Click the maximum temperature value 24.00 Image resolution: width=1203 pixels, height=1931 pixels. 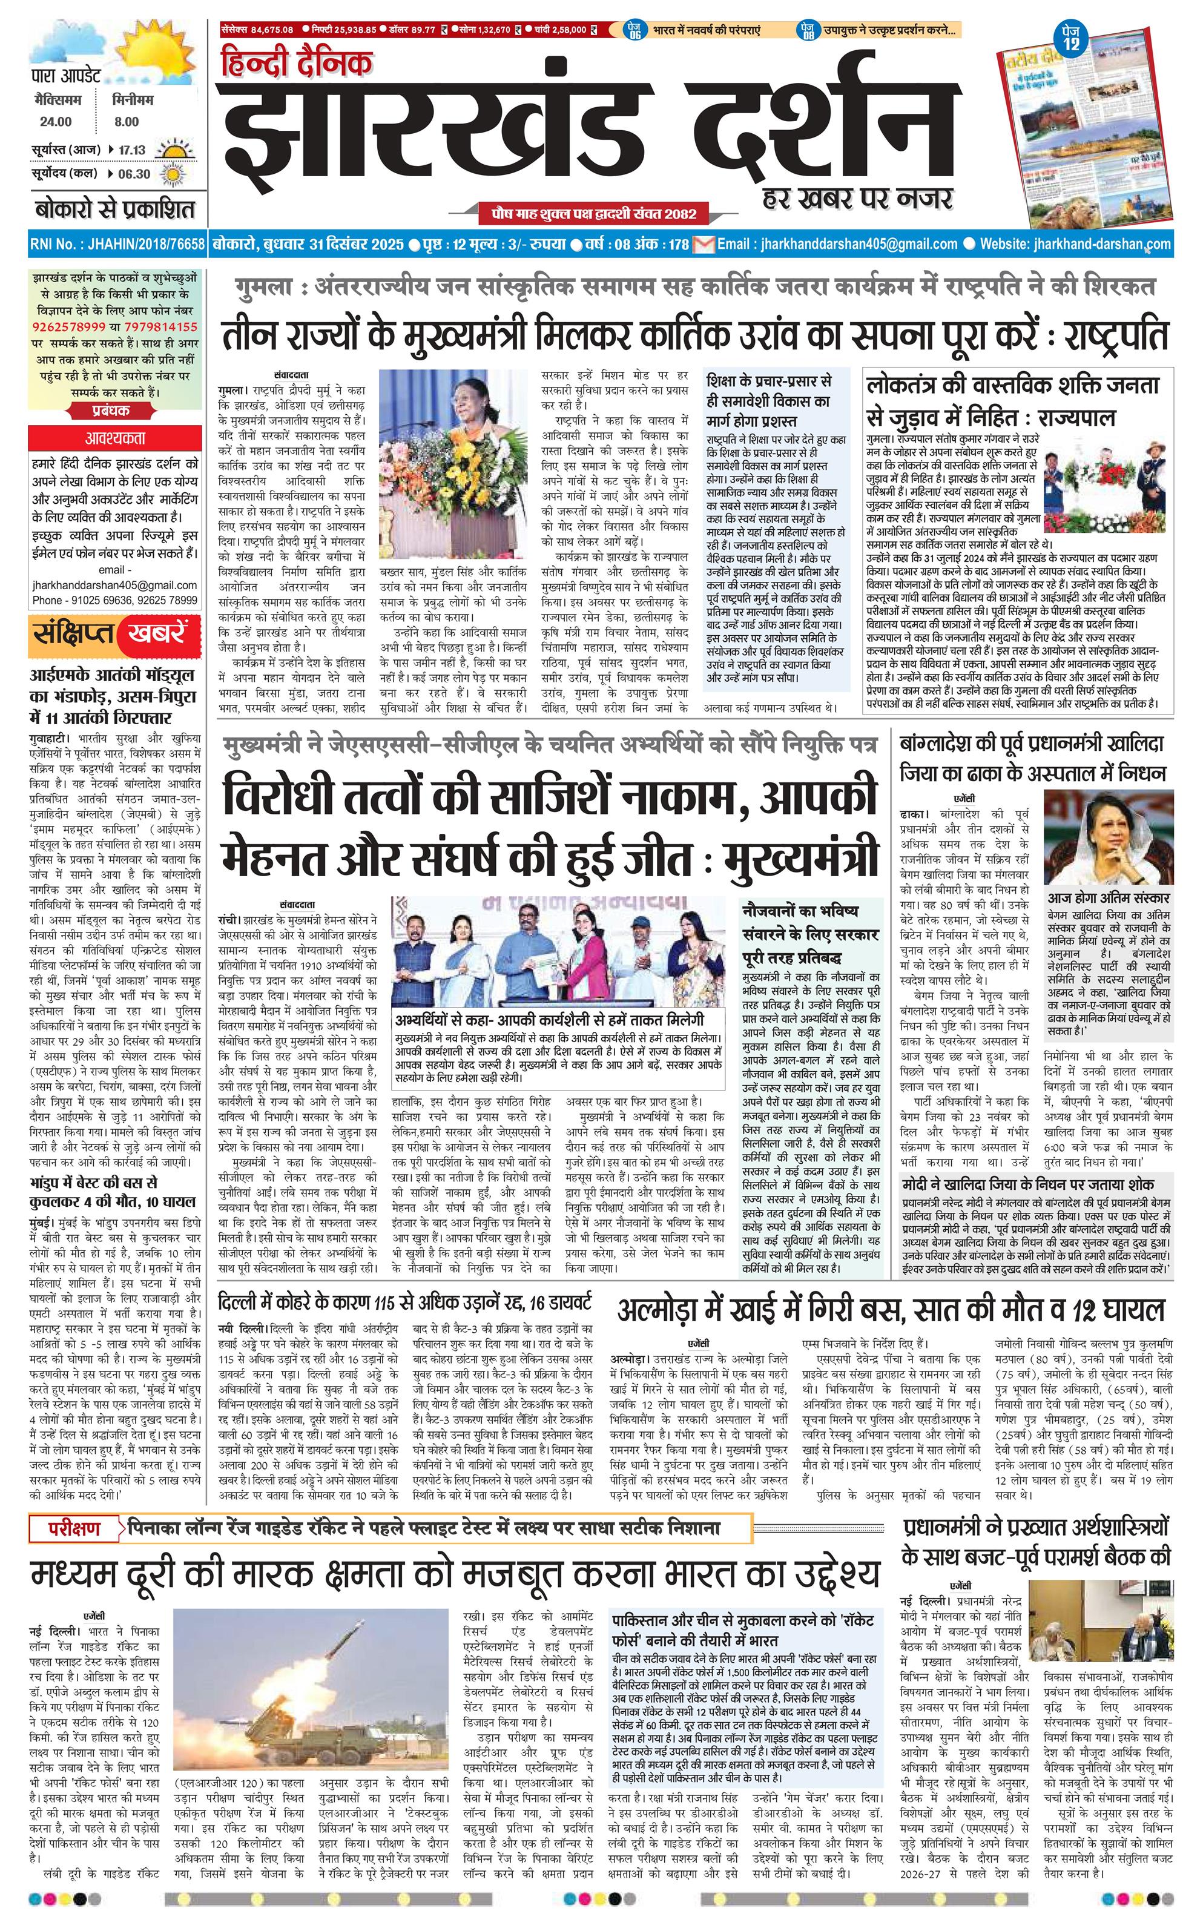pyautogui.click(x=56, y=122)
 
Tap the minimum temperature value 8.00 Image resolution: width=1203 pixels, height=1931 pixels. pyautogui.click(x=126, y=122)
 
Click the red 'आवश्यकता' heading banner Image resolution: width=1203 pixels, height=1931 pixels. pyautogui.click(x=116, y=438)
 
